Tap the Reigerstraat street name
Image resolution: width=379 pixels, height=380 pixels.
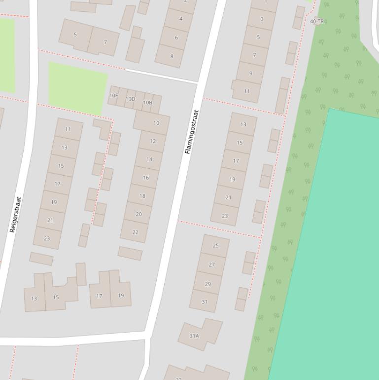pyautogui.click(x=16, y=215)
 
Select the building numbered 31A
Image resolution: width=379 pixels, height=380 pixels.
pyautogui.click(x=194, y=336)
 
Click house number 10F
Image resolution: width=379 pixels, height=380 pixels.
pyautogui.click(x=114, y=96)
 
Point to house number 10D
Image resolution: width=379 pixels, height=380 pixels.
pyautogui.click(x=130, y=99)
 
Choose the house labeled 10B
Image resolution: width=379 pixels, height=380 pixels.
pyautogui.click(x=147, y=103)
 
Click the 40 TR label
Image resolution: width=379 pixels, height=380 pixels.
pyautogui.click(x=317, y=21)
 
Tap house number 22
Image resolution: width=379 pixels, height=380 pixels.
pyautogui.click(x=135, y=232)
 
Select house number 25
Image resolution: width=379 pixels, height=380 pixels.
pyautogui.click(x=215, y=245)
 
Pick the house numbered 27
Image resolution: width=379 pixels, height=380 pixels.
pyautogui.click(x=212, y=265)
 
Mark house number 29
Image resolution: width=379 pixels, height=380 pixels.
pyautogui.click(x=208, y=284)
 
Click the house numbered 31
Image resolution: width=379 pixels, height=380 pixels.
pyautogui.click(x=205, y=302)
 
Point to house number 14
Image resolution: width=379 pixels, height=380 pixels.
pyautogui.click(x=149, y=159)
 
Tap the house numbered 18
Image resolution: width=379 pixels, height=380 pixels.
pyautogui.click(x=142, y=196)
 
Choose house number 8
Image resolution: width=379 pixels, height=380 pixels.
pyautogui.click(x=172, y=56)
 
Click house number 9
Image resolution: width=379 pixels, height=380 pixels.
pyautogui.click(x=250, y=74)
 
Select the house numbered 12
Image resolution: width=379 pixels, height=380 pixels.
pyautogui.click(x=153, y=141)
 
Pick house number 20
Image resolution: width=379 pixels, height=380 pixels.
pyautogui.click(x=138, y=214)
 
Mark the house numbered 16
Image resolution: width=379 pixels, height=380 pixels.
pyautogui.click(x=146, y=178)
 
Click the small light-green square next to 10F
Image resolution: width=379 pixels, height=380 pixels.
pyautogui.click(x=77, y=88)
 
